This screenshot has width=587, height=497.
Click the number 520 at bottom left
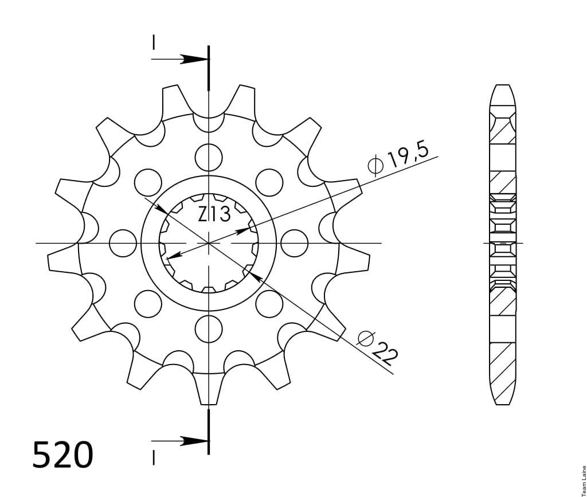(x=62, y=455)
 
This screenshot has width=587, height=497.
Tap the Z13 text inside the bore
(x=214, y=214)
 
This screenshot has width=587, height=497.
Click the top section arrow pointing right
(x=179, y=59)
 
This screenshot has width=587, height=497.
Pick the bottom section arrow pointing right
(x=179, y=441)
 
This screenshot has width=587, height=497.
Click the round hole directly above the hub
(x=209, y=157)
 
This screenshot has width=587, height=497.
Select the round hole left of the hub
(x=123, y=243)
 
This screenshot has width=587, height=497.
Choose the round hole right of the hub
(x=294, y=243)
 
